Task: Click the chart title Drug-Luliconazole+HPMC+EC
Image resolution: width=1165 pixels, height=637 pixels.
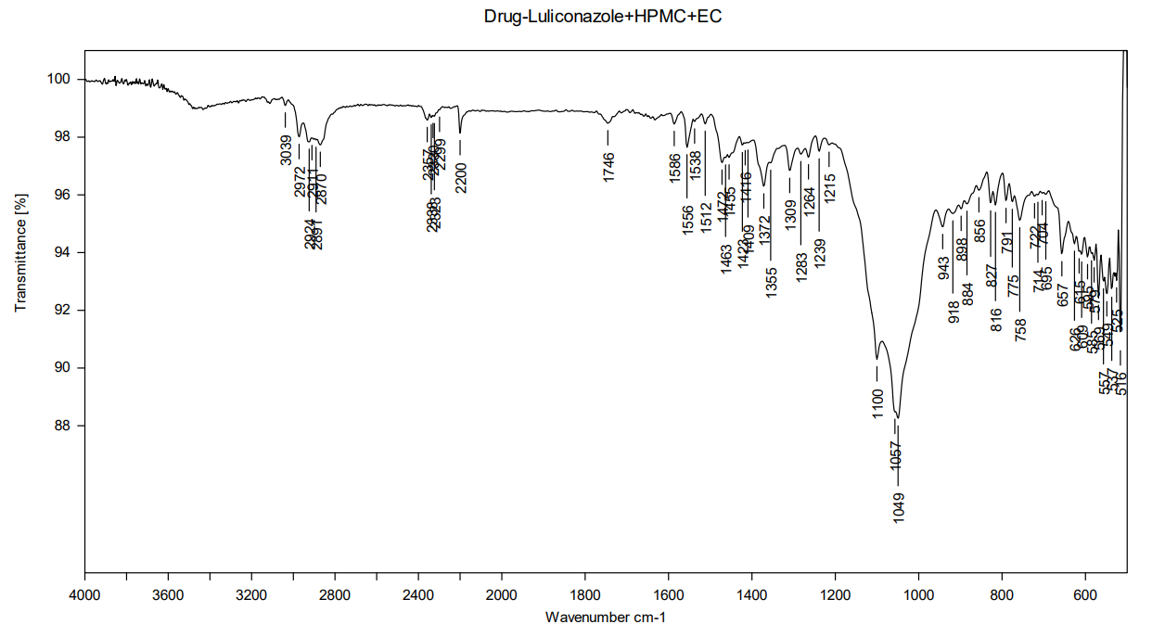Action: coord(602,17)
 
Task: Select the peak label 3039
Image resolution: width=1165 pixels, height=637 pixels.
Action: coord(286,150)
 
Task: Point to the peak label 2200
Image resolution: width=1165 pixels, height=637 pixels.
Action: coord(461,177)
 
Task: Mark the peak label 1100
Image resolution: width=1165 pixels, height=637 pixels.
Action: coord(877,403)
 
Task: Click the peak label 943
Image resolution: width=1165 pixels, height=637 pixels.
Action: coord(943,268)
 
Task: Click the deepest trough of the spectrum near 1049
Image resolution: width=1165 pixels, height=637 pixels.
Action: coord(897,417)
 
